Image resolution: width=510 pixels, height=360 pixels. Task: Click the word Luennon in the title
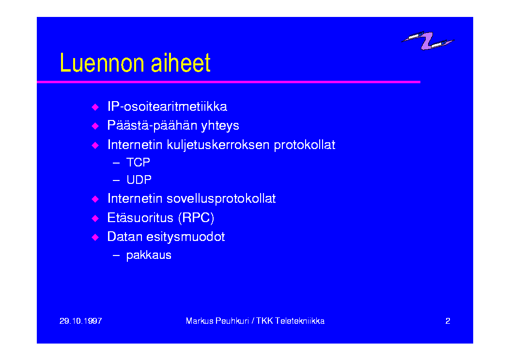[102, 63]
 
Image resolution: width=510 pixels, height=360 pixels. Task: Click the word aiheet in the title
[181, 63]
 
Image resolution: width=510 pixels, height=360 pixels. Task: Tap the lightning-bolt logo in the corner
[428, 41]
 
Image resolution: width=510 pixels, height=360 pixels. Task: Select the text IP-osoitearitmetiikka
[167, 106]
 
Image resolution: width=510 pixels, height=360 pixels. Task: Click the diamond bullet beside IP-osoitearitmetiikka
[95, 107]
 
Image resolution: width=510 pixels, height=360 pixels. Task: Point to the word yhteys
[220, 126]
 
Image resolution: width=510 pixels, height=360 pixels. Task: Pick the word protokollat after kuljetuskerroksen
[305, 145]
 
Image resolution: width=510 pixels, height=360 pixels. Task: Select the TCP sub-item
[138, 162]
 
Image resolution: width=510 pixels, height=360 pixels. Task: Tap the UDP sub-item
[139, 180]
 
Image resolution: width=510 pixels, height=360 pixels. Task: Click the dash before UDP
[116, 180]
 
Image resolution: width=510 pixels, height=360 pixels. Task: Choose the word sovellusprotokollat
[221, 199]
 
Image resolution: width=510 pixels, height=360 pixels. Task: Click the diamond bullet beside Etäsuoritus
[95, 218]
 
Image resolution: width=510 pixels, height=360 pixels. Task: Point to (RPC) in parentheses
[196, 218]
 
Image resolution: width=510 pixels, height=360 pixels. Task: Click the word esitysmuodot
[185, 237]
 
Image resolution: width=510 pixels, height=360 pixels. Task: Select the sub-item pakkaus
[149, 255]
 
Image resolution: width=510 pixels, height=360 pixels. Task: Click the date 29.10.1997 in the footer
[81, 321]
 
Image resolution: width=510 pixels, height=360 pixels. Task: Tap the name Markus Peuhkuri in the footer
[217, 321]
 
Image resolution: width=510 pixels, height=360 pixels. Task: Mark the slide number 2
[448, 321]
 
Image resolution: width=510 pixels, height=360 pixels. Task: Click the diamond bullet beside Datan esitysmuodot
[95, 238]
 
